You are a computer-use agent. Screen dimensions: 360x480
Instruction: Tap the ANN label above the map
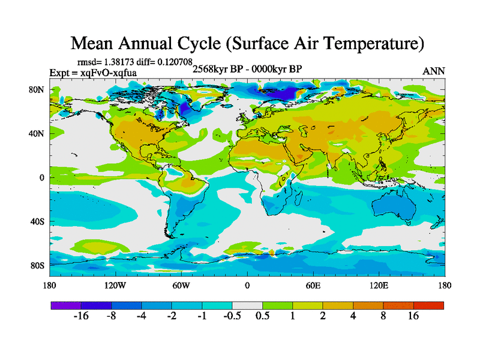[x=434, y=71]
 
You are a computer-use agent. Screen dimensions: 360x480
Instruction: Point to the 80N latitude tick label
[x=37, y=89]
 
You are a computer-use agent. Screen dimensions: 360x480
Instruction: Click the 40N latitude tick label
[x=37, y=134]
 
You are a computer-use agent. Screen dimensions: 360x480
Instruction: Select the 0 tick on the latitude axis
[x=43, y=178]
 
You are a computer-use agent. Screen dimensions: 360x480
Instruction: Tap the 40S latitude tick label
[x=38, y=221]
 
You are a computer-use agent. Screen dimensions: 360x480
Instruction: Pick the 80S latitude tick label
[x=38, y=265]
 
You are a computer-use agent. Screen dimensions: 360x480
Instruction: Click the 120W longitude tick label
[x=115, y=285]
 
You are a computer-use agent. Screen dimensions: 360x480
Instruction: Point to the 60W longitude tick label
[x=181, y=285]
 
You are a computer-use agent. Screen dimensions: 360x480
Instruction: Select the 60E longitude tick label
[x=313, y=285]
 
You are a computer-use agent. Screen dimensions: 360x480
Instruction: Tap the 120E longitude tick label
[x=379, y=285]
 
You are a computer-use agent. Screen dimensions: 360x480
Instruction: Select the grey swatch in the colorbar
[x=247, y=305]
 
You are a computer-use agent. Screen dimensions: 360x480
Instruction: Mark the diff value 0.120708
[x=175, y=62]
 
